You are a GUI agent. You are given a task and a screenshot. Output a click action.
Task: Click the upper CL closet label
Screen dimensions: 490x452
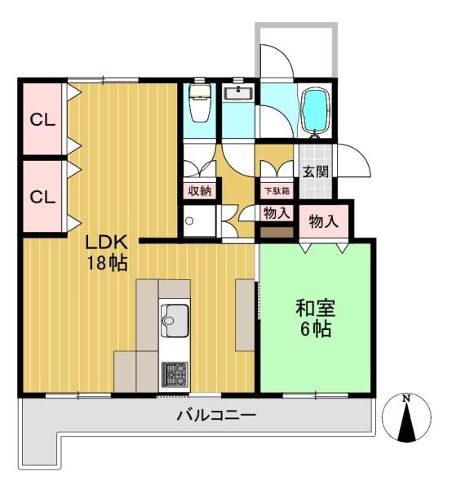(x=42, y=119)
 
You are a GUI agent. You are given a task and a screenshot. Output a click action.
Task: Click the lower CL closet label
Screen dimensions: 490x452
(x=42, y=197)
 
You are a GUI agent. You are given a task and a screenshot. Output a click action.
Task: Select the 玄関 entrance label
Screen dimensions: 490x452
(x=316, y=172)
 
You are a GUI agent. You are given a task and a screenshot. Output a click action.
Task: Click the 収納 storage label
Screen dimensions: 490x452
(x=200, y=191)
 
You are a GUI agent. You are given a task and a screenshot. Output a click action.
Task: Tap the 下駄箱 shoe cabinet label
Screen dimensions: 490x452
(x=276, y=191)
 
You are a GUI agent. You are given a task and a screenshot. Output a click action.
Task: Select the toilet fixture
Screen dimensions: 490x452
(x=198, y=105)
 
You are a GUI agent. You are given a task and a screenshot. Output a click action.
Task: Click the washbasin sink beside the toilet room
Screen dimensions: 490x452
(x=238, y=93)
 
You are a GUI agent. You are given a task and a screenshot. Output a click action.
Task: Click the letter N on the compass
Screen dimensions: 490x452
(x=405, y=399)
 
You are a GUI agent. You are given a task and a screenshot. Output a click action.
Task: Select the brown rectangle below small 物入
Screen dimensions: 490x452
(x=276, y=232)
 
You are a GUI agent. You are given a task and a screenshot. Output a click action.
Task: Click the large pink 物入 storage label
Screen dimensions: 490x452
(x=323, y=220)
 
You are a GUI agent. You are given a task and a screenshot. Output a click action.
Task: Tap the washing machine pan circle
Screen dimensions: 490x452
(x=191, y=221)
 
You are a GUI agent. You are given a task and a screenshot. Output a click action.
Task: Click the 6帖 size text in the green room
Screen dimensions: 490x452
(x=317, y=330)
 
